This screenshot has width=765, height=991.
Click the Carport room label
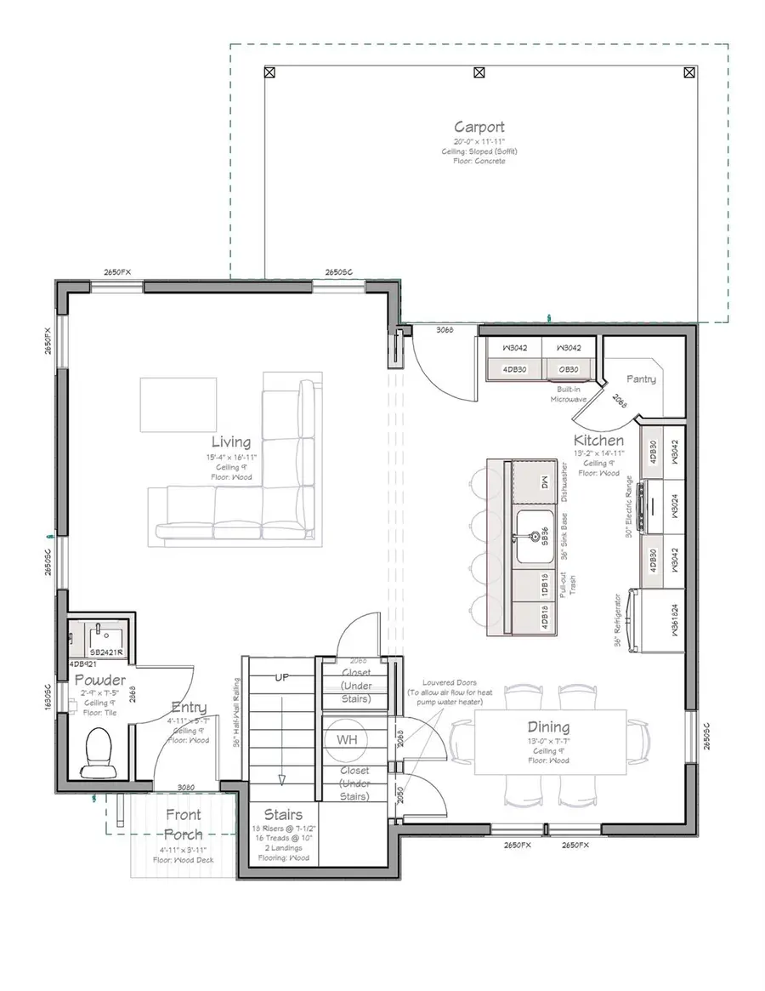[479, 128]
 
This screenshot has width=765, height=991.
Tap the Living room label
[231, 442]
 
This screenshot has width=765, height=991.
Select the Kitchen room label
[598, 441]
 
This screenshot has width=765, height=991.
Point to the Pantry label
[641, 379]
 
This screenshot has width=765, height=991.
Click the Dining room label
[548, 727]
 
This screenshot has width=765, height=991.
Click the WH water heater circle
[346, 740]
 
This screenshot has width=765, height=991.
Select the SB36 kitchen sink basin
[535, 537]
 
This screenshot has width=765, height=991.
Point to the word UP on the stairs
[281, 678]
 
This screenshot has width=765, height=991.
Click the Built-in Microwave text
[569, 392]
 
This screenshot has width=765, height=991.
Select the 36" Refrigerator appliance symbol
[634, 622]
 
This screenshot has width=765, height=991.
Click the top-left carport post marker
[269, 72]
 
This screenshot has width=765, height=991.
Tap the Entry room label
[189, 708]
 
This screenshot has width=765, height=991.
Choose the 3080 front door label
[187, 788]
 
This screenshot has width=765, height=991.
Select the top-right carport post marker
[688, 72]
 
